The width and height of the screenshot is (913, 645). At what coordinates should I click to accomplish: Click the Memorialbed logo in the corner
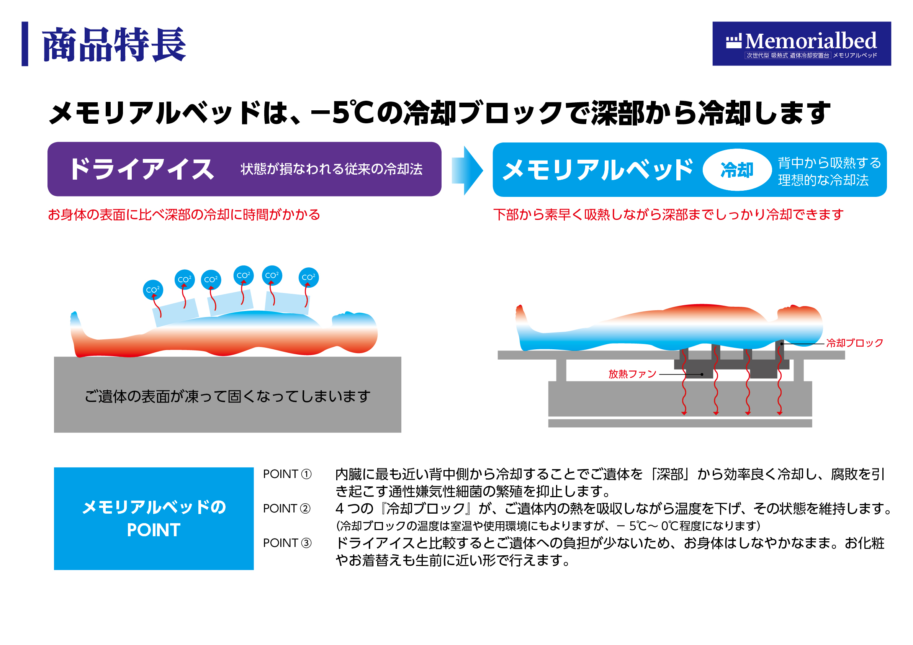pyautogui.click(x=801, y=44)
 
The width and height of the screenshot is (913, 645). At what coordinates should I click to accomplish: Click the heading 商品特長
pyautogui.click(x=114, y=44)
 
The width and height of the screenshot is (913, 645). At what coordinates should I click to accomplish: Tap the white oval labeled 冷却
pyautogui.click(x=737, y=170)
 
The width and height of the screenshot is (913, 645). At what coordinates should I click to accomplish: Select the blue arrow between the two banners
pyautogui.click(x=467, y=170)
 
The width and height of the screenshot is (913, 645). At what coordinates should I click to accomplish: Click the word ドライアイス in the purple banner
pyautogui.click(x=142, y=169)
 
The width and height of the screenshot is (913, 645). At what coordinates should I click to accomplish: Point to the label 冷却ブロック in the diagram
pyautogui.click(x=854, y=343)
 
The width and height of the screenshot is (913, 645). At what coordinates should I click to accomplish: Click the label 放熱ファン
pyautogui.click(x=632, y=374)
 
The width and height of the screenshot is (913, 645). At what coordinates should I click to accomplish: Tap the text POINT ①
pyautogui.click(x=287, y=474)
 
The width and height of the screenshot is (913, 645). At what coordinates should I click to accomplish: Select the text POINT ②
pyautogui.click(x=287, y=509)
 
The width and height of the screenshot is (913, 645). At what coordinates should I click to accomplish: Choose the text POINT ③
pyautogui.click(x=287, y=543)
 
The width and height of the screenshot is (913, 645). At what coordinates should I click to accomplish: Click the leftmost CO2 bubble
pyautogui.click(x=153, y=290)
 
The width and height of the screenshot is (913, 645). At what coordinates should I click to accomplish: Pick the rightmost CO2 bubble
pyautogui.click(x=309, y=277)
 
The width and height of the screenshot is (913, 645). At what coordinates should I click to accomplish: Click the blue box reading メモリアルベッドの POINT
pyautogui.click(x=154, y=519)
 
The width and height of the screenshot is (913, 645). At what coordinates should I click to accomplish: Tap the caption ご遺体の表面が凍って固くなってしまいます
pyautogui.click(x=227, y=396)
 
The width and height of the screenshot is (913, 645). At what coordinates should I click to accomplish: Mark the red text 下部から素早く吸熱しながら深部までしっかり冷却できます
pyautogui.click(x=668, y=215)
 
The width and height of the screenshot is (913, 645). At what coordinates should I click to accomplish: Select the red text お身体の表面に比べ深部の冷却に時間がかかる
pyautogui.click(x=184, y=215)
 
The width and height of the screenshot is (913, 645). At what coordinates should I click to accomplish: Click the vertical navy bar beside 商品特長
pyautogui.click(x=25, y=44)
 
